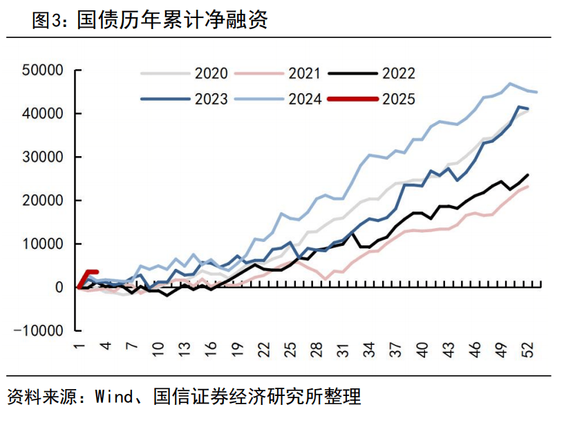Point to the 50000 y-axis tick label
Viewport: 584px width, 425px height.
43,70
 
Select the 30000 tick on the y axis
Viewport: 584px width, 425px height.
43,157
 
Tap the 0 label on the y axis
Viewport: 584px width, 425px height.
59,287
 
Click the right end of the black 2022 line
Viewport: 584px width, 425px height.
528,175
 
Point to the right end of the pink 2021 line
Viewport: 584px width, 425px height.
528,186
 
